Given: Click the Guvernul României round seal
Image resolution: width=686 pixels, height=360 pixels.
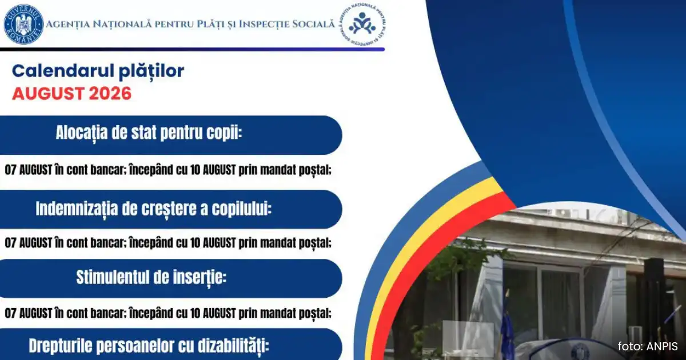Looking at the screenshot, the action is click(23, 25).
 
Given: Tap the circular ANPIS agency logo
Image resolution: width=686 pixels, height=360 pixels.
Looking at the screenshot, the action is click(362, 24).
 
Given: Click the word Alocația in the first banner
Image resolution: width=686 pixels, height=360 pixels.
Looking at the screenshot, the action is click(82, 133).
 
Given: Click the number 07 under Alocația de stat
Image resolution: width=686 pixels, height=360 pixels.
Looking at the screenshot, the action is click(10, 170).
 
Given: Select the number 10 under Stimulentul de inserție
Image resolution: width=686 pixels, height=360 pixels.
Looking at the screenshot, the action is click(195, 314).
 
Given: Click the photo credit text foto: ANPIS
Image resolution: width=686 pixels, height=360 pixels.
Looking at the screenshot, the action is click(648, 346).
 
